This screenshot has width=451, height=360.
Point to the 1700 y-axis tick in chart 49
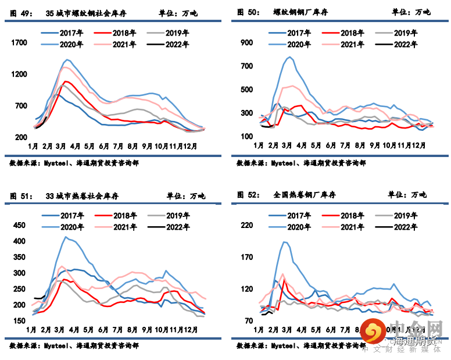[x=19, y=42]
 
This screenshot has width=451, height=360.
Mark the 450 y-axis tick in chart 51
[x=19, y=225]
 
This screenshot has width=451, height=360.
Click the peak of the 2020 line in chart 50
[x=289, y=57]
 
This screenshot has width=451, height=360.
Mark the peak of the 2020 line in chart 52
[x=285, y=242]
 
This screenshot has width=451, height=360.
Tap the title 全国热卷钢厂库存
[x=304, y=195]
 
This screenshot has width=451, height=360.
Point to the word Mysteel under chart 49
[x=57, y=163]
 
